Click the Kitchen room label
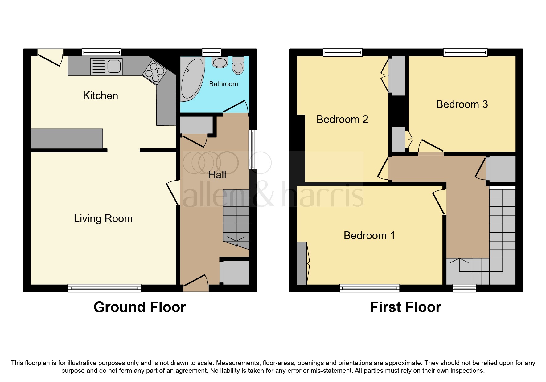click(x=101, y=96)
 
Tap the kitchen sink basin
click(x=114, y=66)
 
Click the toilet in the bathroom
click(x=238, y=66)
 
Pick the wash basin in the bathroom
click(x=220, y=62)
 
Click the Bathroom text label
click(x=223, y=84)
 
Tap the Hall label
click(x=217, y=175)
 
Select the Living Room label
click(x=103, y=219)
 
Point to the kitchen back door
click(x=49, y=58)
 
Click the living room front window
click(x=104, y=288)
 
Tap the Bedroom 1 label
click(x=369, y=236)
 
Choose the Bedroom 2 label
click(x=342, y=120)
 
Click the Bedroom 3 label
click(x=462, y=104)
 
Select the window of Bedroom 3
click(x=465, y=52)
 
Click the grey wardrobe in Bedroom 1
click(x=302, y=263)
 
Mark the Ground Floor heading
click(x=140, y=307)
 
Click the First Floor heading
click(x=405, y=307)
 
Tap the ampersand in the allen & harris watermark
click(x=263, y=194)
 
